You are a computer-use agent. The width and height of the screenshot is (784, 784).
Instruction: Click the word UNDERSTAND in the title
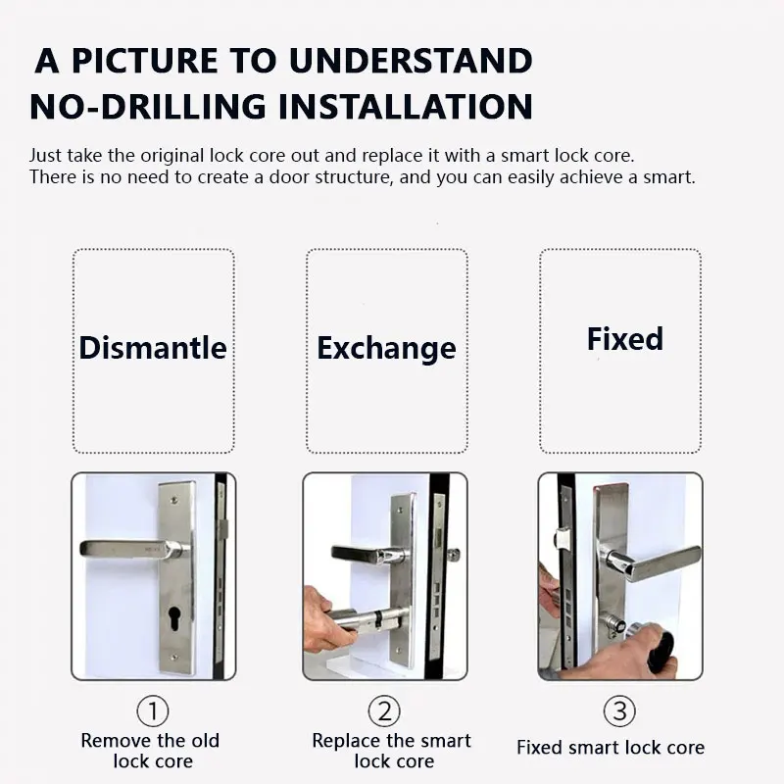pos(411,61)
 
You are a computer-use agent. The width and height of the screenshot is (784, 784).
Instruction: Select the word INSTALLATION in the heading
pos(406,107)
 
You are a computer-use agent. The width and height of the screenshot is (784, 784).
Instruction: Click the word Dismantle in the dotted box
pos(153,348)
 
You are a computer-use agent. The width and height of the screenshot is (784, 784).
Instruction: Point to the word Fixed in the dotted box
pos(625,339)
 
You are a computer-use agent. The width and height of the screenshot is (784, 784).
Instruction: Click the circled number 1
pos(153,711)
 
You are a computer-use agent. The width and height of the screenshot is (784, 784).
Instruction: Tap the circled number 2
pos(384,711)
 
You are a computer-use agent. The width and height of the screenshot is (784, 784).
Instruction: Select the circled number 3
pos(619,711)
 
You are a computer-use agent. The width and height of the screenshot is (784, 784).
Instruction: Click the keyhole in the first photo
pos(174,619)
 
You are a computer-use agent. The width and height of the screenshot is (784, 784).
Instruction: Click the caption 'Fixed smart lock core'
pos(611,748)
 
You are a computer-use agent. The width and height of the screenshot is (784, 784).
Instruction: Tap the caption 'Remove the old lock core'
pos(151,751)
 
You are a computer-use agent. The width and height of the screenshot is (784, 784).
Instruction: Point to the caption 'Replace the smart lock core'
pos(391,751)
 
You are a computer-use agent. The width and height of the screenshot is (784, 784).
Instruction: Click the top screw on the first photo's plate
pos(173,500)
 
